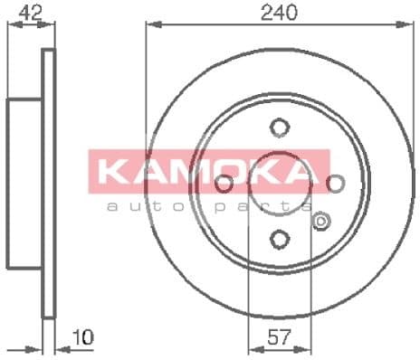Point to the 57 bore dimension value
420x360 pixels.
(x=280, y=342)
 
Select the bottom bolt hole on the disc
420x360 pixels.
(x=280, y=239)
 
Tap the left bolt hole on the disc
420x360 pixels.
(x=224, y=184)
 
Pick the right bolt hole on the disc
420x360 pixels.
(x=336, y=184)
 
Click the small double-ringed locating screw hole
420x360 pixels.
(x=319, y=219)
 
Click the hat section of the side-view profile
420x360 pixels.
(x=25, y=184)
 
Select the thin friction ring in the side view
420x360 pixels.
(x=49, y=184)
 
